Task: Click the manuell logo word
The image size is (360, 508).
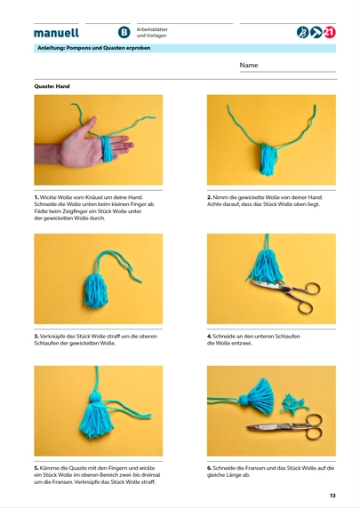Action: pyautogui.click(x=56, y=33)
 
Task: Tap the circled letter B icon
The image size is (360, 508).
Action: pyautogui.click(x=124, y=32)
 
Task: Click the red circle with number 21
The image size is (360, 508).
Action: pyautogui.click(x=330, y=32)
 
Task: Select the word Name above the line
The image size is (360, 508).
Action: pyautogui.click(x=249, y=65)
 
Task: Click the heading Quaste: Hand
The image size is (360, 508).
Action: pyautogui.click(x=52, y=86)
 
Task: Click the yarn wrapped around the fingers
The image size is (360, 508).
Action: pyautogui.click(x=107, y=148)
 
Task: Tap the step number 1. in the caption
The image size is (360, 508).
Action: pyautogui.click(x=36, y=197)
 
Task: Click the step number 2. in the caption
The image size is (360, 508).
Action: pyautogui.click(x=210, y=197)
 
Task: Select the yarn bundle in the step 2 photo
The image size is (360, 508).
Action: pyautogui.click(x=268, y=159)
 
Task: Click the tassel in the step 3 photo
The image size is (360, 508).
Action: pyautogui.click(x=96, y=290)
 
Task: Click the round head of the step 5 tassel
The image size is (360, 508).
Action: pyautogui.click(x=96, y=397)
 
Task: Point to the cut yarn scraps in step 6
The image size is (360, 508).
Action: pyautogui.click(x=294, y=403)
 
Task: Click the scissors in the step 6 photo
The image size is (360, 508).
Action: pyautogui.click(x=285, y=426)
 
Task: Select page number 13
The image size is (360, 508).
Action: pyautogui.click(x=332, y=496)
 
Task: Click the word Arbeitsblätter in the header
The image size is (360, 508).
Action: pyautogui.click(x=152, y=29)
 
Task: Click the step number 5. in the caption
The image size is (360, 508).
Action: pyautogui.click(x=36, y=468)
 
